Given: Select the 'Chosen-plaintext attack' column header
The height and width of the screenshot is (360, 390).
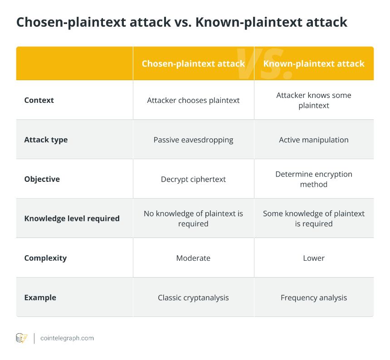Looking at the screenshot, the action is [193, 63].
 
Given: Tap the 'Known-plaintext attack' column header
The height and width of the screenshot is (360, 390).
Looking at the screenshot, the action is [314, 63].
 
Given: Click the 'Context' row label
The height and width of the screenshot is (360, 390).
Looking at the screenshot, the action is [39, 100].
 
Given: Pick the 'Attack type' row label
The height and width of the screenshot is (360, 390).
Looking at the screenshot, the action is [46, 140].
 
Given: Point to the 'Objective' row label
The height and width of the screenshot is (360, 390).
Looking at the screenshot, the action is [42, 179].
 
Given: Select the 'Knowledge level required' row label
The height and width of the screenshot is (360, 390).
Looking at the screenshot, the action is [72, 219].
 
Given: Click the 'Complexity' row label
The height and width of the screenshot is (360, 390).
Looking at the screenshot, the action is [45, 258].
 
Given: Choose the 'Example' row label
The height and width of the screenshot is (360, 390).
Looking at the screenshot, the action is [40, 297].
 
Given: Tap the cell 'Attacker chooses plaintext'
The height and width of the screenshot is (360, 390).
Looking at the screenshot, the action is [193, 101].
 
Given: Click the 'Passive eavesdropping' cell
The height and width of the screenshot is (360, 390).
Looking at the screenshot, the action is [193, 140].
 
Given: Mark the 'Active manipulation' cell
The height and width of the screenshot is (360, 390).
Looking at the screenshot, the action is [314, 140].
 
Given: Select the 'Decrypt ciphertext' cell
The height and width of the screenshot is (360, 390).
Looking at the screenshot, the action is [193, 179].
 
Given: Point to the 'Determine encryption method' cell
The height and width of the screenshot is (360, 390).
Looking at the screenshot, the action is [314, 179].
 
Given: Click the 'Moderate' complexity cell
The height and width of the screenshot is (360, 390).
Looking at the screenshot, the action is [193, 258].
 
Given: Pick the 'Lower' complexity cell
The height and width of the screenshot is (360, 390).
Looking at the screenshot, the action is [314, 258].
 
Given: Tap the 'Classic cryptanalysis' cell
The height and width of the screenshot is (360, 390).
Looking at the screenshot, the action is [193, 297].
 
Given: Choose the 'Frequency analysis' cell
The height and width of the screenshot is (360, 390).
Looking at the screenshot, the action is [314, 297].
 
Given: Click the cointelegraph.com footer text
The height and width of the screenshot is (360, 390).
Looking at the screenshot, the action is [67, 338].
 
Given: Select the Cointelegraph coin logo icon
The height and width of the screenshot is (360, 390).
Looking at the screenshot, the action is [22, 338].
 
